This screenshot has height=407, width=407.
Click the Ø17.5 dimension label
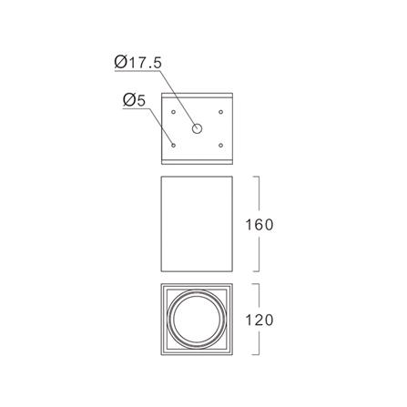click(x=138, y=63)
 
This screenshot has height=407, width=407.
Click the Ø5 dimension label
click(x=134, y=100)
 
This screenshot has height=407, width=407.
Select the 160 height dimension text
click(x=259, y=225)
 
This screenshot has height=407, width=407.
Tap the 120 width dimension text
click(x=259, y=321)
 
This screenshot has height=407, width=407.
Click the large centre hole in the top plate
click(x=197, y=128)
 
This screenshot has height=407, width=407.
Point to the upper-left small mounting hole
click(x=173, y=112)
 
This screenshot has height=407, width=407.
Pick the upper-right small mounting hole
click(x=221, y=112)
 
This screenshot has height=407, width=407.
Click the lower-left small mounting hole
click(x=173, y=146)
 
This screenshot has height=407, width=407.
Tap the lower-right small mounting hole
click(x=221, y=146)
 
